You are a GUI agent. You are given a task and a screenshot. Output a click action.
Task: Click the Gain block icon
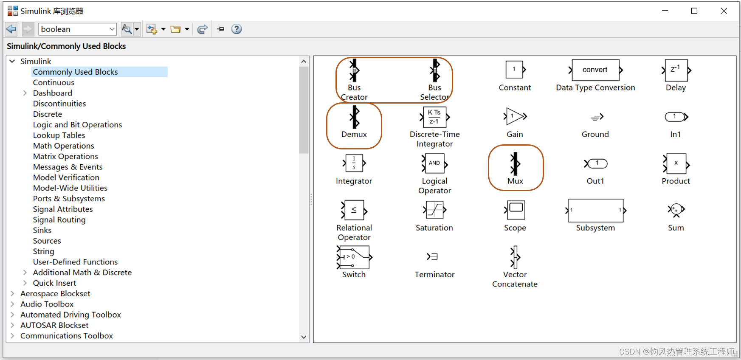515,116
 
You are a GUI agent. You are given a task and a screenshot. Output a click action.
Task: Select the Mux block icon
515,163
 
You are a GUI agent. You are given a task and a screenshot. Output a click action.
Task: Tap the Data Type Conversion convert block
595,70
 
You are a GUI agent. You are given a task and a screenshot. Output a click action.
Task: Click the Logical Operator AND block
434,163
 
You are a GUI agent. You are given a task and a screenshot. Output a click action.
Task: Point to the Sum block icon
676,210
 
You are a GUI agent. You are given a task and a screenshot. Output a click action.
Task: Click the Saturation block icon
434,210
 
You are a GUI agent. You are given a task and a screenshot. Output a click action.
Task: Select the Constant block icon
515,70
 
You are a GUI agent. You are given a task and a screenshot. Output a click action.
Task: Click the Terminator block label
434,275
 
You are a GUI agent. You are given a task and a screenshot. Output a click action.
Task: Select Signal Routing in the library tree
59,220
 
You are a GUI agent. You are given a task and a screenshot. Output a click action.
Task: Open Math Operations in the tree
64,146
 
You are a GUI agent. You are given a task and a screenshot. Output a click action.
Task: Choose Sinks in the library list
42,231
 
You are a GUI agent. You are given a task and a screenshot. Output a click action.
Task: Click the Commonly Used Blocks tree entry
76,72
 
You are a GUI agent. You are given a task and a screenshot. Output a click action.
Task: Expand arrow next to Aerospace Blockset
12,293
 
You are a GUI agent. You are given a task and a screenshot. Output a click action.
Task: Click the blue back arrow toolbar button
11,29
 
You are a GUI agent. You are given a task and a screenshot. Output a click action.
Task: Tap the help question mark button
237,29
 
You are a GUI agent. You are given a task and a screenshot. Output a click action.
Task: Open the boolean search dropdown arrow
112,29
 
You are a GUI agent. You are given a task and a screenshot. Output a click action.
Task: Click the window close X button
724,11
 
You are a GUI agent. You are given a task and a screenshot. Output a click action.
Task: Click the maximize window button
694,11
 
